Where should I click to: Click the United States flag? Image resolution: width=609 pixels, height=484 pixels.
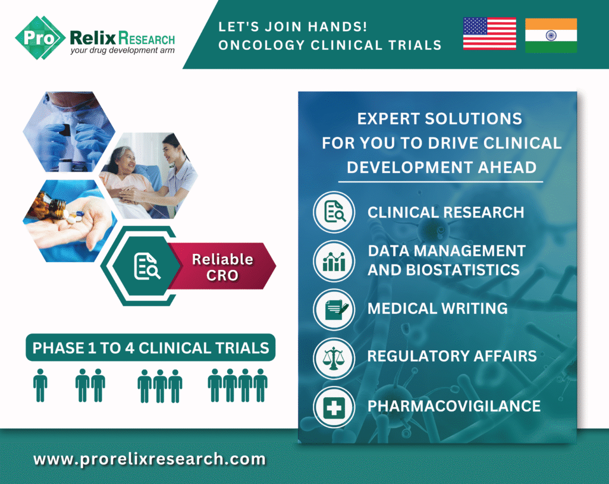[x=489, y=34]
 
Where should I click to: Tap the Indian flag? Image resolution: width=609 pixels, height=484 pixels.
[x=551, y=35]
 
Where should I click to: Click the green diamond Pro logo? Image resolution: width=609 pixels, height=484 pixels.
[x=40, y=37]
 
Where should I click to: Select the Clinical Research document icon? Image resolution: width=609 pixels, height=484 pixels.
[x=334, y=212]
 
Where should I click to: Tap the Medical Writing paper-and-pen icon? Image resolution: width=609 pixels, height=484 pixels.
[x=334, y=310]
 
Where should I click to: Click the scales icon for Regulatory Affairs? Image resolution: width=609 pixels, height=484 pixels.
[x=334, y=358]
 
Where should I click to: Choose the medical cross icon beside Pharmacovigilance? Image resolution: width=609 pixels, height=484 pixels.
[x=334, y=407]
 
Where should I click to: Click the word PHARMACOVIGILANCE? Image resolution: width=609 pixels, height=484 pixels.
[x=454, y=406]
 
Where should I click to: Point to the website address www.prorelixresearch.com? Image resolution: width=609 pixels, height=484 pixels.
[x=149, y=459]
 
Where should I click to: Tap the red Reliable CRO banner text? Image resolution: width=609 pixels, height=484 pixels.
[x=222, y=267]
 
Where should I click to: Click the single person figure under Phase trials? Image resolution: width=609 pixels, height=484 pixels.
[x=40, y=385]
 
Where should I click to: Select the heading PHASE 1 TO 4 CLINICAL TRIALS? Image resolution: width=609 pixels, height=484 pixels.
[x=150, y=348]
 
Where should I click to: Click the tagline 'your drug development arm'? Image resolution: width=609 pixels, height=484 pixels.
[x=123, y=51]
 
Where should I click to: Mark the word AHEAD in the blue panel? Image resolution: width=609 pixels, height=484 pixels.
[x=507, y=168]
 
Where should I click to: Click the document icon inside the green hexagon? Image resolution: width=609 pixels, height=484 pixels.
[x=147, y=266]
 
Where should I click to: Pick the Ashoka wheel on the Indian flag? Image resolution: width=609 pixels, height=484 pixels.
[x=551, y=35]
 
